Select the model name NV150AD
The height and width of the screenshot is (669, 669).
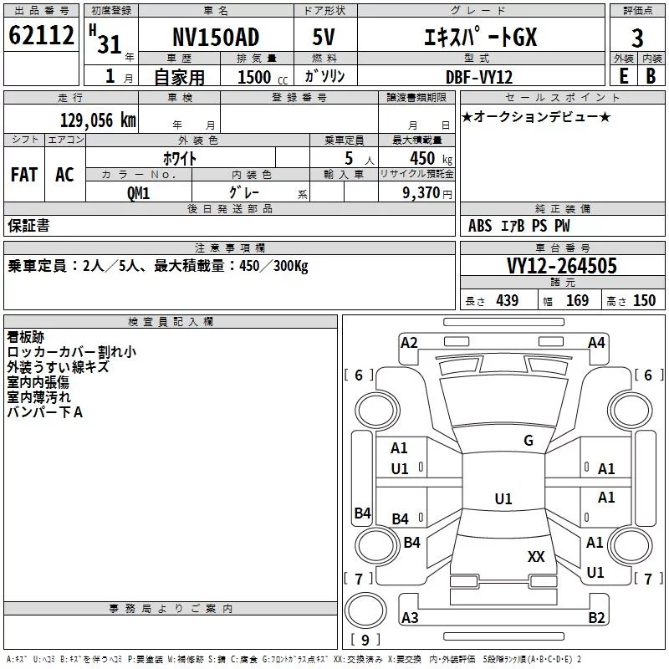click(x=215, y=38)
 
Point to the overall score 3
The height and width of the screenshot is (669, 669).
click(x=637, y=38)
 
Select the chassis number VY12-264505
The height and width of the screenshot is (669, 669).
click(x=562, y=266)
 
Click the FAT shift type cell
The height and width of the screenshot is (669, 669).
click(x=24, y=175)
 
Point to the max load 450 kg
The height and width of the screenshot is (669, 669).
click(x=421, y=158)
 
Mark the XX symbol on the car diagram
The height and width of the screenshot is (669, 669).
click(x=536, y=556)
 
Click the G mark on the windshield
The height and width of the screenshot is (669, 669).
click(x=529, y=441)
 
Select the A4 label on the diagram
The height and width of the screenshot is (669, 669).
click(x=596, y=342)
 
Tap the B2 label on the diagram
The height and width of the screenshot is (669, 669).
click(x=596, y=618)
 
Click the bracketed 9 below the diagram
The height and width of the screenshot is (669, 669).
click(x=365, y=641)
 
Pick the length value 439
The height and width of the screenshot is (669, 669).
click(x=507, y=301)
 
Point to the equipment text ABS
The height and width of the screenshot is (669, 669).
click(x=480, y=226)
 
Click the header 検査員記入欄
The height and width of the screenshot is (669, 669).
click(x=171, y=322)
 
